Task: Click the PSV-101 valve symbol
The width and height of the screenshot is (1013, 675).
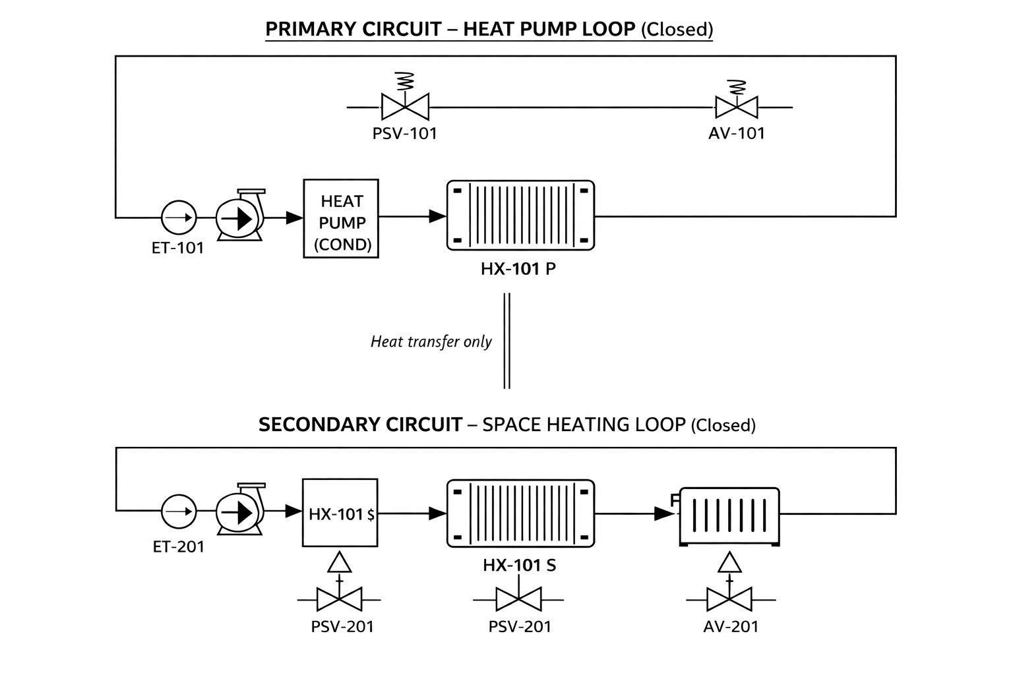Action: [405, 106]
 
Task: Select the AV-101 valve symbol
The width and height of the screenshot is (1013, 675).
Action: [737, 107]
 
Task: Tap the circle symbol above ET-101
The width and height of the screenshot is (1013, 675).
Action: [179, 218]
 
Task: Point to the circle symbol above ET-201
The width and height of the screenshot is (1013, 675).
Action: [179, 511]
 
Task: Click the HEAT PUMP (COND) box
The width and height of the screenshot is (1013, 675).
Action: [341, 218]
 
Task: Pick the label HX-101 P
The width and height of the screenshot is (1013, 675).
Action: [518, 269]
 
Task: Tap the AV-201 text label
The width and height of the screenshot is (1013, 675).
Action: [731, 626]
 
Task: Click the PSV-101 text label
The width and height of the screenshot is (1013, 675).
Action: [404, 134]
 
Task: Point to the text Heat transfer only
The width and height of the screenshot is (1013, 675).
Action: [431, 341]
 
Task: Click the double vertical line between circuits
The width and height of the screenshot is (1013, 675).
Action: [506, 341]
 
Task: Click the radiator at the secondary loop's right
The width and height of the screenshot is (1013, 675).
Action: [729, 516]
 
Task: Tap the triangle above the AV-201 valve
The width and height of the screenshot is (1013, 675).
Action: [729, 562]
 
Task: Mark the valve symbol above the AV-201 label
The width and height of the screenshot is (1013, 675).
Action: [729, 600]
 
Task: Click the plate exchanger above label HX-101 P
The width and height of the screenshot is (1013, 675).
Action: [520, 216]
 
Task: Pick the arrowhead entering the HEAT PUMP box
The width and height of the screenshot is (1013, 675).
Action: [294, 217]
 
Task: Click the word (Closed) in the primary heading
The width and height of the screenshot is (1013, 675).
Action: [677, 30]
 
